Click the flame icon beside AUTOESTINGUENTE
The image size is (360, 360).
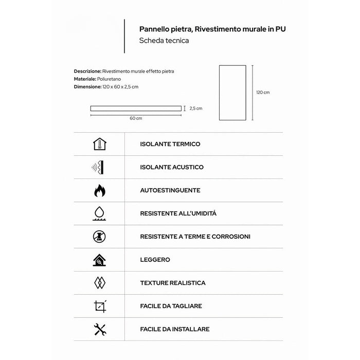point(100,191)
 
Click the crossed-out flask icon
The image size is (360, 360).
point(100,237)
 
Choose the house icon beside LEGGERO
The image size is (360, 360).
point(100,260)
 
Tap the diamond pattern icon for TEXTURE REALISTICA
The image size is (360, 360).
point(100,283)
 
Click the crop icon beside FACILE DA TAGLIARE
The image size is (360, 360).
point(100,306)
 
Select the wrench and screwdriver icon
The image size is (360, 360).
point(100,329)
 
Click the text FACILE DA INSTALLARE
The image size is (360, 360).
point(174,329)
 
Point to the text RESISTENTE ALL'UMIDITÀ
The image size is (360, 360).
point(178,213)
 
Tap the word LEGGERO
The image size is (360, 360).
point(155,260)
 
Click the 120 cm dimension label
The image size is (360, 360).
point(263,93)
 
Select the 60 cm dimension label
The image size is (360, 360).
point(136,118)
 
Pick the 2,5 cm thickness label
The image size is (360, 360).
point(196,109)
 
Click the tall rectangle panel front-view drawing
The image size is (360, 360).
point(232,93)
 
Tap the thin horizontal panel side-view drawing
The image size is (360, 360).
point(136,109)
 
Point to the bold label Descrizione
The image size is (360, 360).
point(87,71)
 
